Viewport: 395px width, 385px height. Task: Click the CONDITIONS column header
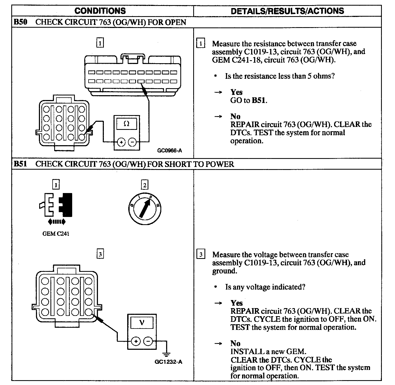coord(100,11)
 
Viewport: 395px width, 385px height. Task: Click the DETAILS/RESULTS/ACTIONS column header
coord(287,11)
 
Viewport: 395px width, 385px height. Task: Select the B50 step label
coord(20,22)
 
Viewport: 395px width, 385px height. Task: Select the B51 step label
coord(20,164)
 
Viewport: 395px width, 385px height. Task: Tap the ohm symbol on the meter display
coord(126,124)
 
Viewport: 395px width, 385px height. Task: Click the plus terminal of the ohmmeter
coord(121,142)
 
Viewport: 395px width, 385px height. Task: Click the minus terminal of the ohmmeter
coord(132,142)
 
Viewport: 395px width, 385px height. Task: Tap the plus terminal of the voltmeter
coord(136,341)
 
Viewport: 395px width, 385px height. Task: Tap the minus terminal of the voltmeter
coord(148,341)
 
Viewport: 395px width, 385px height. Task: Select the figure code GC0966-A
coord(169,151)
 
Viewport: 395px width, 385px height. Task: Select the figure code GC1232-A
coord(168,362)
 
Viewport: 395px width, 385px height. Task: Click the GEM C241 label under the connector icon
coord(56,234)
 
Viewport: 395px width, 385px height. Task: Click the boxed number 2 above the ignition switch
coord(145,185)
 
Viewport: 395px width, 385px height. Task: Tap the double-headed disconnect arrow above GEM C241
coord(56,222)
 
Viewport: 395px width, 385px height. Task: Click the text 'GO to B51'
coord(248,100)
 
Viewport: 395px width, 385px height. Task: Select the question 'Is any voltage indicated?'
coord(265,287)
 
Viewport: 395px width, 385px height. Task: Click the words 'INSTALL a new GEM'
coord(268,351)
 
